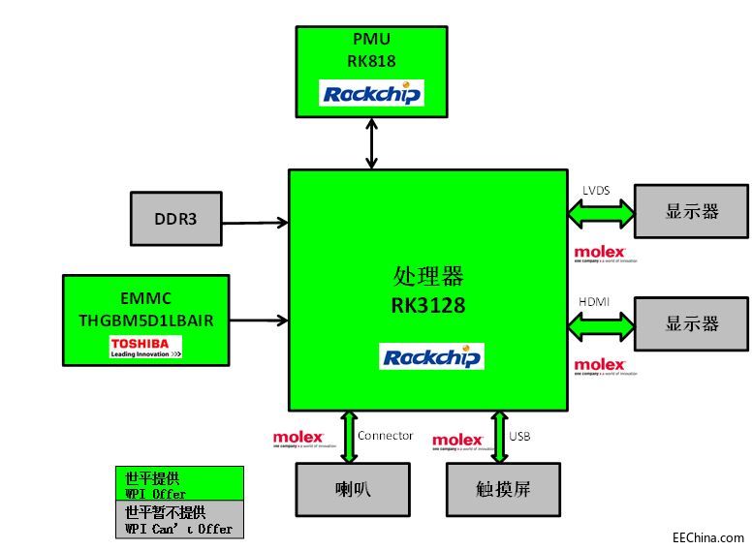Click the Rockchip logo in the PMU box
(371, 93)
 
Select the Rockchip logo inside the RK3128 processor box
(431, 356)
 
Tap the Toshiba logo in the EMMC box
(145, 348)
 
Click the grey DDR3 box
(174, 219)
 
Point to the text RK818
(371, 60)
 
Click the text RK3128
(427, 306)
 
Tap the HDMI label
(595, 302)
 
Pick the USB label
(519, 436)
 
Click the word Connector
(385, 436)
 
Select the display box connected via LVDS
(691, 211)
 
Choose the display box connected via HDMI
(691, 323)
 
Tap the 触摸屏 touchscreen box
(502, 488)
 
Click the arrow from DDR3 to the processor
(254, 222)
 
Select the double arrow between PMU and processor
(371, 142)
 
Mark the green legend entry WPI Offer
(179, 484)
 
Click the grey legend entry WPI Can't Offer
(179, 519)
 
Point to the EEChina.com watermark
(708, 537)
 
